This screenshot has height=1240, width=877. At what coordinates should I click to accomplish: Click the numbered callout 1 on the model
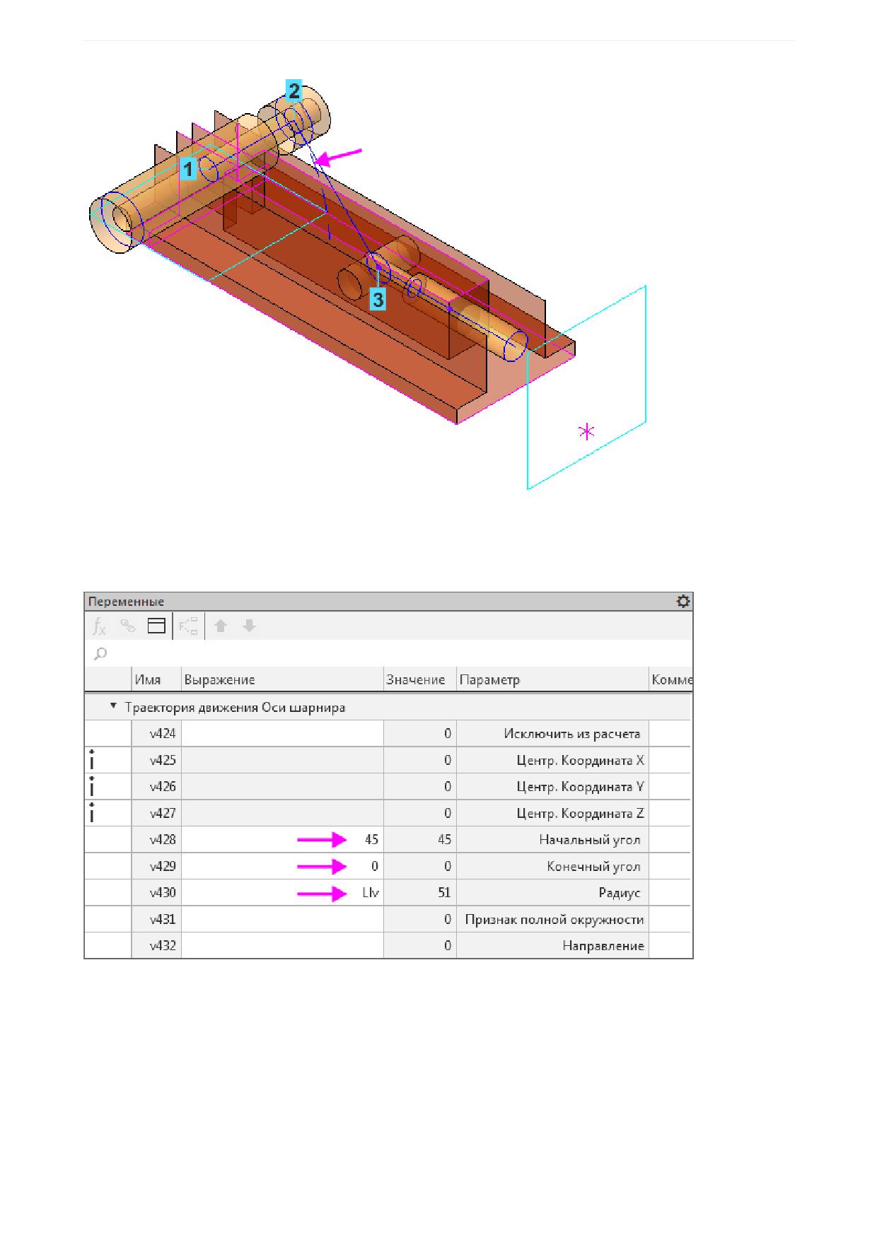pos(188,170)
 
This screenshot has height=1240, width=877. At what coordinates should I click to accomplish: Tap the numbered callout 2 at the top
pos(294,90)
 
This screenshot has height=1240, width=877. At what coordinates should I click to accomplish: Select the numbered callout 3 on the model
pos(378,300)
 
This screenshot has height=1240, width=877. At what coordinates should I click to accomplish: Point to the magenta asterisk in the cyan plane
pos(586,431)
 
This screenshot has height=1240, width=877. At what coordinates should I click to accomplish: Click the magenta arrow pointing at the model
pos(338,157)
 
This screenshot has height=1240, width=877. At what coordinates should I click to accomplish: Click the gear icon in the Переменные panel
pos(683,601)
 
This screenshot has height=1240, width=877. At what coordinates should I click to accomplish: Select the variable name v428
pos(163,840)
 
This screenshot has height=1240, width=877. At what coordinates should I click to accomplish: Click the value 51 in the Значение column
pos(444,893)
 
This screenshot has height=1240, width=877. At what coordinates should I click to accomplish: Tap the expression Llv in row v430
pos(371,893)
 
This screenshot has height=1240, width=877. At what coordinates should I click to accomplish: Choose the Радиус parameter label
pos(619,893)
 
